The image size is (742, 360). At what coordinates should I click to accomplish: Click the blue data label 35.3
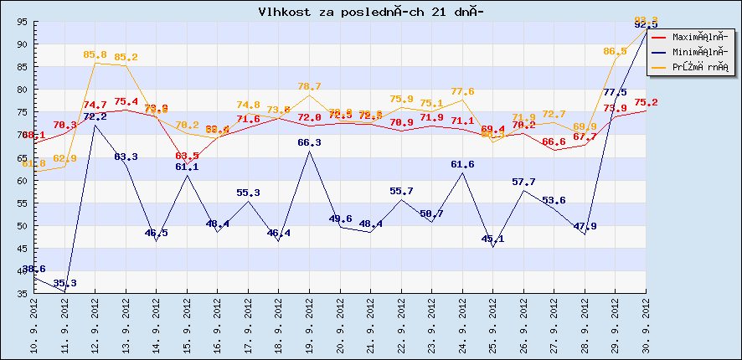coord(65,283)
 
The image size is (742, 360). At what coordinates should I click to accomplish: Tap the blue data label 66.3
coord(310,143)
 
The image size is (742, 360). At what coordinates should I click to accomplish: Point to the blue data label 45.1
coord(493,239)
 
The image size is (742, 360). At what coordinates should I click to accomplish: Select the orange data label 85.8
coord(95,55)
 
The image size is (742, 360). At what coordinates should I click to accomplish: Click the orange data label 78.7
coord(310,86)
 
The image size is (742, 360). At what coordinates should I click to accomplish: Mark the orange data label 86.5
coord(615,52)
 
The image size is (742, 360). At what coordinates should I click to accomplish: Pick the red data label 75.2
coord(646,102)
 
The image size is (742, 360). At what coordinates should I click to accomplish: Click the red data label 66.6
coord(554,142)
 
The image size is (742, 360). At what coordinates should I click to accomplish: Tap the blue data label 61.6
coord(462,165)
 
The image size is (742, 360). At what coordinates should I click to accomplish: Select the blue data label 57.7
coord(523,182)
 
